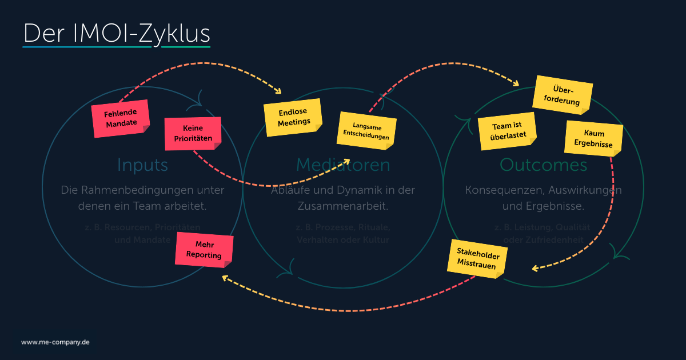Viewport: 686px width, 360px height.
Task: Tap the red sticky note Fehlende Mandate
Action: pyautogui.click(x=121, y=118)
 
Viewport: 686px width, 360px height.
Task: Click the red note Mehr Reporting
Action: pyautogui.click(x=204, y=250)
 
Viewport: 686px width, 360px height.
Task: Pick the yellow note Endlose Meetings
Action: pyautogui.click(x=293, y=117)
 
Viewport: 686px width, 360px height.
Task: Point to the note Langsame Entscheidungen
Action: pyautogui.click(x=366, y=131)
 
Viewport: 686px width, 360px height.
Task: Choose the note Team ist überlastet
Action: pyautogui.click(x=506, y=131)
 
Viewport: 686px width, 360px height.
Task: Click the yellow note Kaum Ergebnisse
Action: pyautogui.click(x=593, y=138)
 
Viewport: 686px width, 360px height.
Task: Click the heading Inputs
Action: pyautogui.click(x=142, y=165)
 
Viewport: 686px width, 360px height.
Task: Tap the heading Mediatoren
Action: pyautogui.click(x=343, y=165)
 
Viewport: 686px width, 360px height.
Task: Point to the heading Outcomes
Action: pyautogui.click(x=543, y=165)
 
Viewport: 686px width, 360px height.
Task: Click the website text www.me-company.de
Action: pyautogui.click(x=55, y=342)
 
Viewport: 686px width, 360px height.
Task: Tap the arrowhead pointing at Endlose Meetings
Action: pyautogui.click(x=279, y=91)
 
